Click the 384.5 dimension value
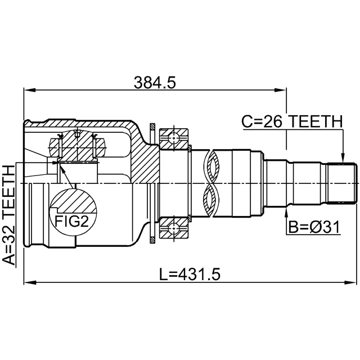pos(155,83)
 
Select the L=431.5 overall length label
pos(190,274)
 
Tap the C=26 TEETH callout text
pos(292,121)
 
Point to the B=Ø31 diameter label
pos(314,227)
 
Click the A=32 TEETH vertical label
pos(9,215)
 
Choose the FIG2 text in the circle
pos(71,222)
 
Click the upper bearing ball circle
pos(174,138)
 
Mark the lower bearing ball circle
pos(174,228)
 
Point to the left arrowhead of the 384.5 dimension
pos(30,90)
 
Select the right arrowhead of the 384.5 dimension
pos(280,90)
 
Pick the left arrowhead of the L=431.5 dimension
pos(30,282)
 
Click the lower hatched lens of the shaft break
pos(211,200)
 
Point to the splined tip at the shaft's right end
pos(341,183)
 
